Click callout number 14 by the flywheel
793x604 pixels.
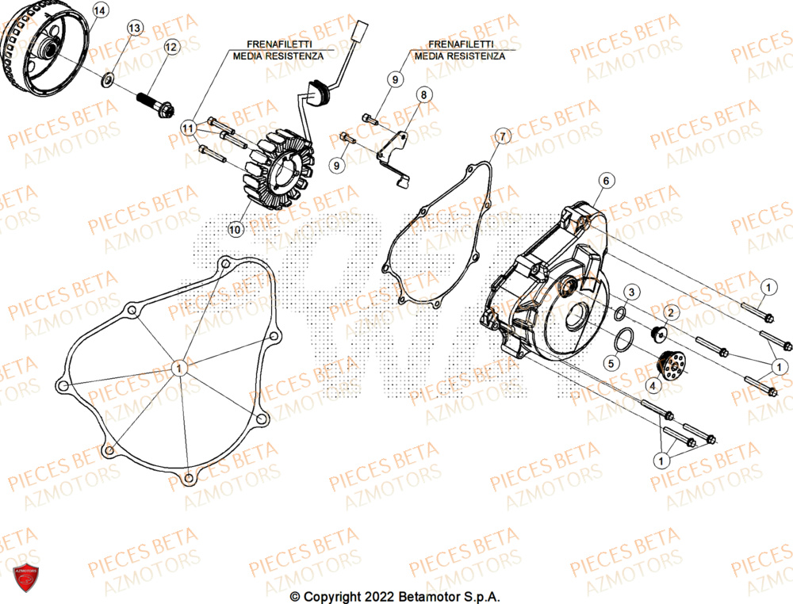click(x=99, y=10)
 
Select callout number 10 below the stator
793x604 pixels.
click(x=235, y=230)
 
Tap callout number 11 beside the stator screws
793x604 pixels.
click(x=188, y=127)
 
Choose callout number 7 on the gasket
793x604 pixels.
click(x=501, y=136)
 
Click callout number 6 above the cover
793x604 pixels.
click(x=605, y=182)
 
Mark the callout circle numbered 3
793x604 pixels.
click(x=631, y=293)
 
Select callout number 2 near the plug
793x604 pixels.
click(x=668, y=313)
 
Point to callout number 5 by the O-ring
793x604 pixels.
click(x=611, y=364)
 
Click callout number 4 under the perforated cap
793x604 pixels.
click(x=653, y=386)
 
